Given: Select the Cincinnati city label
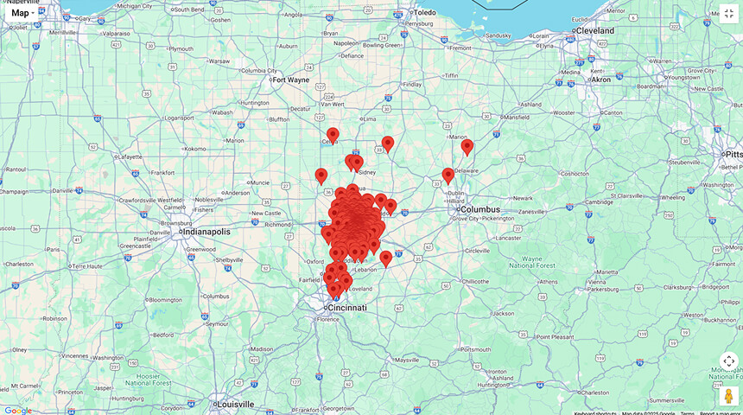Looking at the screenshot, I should point(346,308).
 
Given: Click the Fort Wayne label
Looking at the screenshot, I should point(290,80).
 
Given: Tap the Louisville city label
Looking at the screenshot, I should point(236,404).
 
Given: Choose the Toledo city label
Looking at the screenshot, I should point(425,13).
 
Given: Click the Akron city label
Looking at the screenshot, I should point(600,80).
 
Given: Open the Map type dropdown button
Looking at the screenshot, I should point(22,13).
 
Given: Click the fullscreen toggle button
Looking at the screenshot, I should point(729,14).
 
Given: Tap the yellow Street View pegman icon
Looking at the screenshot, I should point(729,395).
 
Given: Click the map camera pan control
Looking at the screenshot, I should point(729,361).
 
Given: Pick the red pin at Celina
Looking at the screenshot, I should point(333,135).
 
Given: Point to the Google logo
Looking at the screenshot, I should point(17,410).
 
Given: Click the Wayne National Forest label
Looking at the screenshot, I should point(543,262).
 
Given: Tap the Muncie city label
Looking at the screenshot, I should point(259,183).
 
